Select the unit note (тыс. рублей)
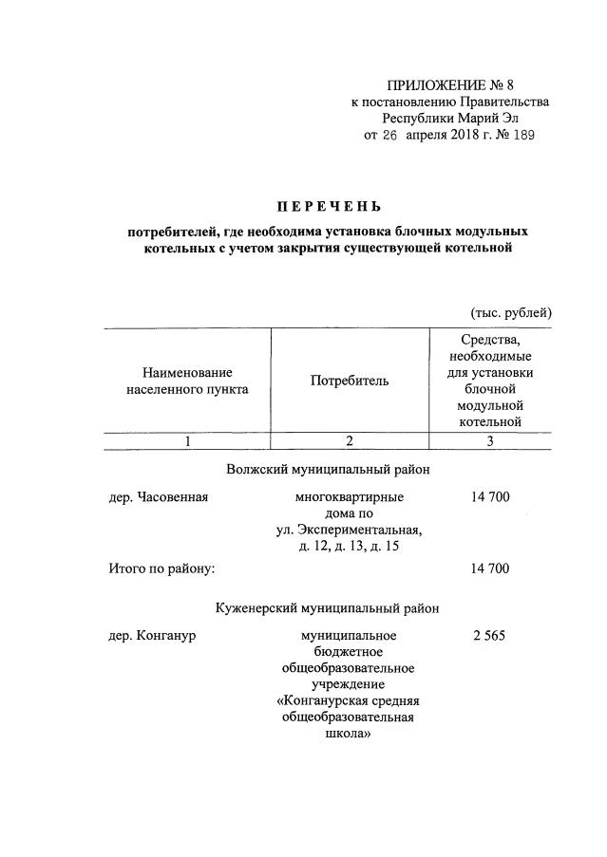point(511,312)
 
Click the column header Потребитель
point(350,381)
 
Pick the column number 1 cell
point(188,440)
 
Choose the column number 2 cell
point(350,440)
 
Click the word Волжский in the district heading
point(257,470)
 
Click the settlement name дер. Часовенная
point(158,496)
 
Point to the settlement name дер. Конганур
point(152,634)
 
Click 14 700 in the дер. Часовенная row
point(490,496)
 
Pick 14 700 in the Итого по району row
point(490,568)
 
